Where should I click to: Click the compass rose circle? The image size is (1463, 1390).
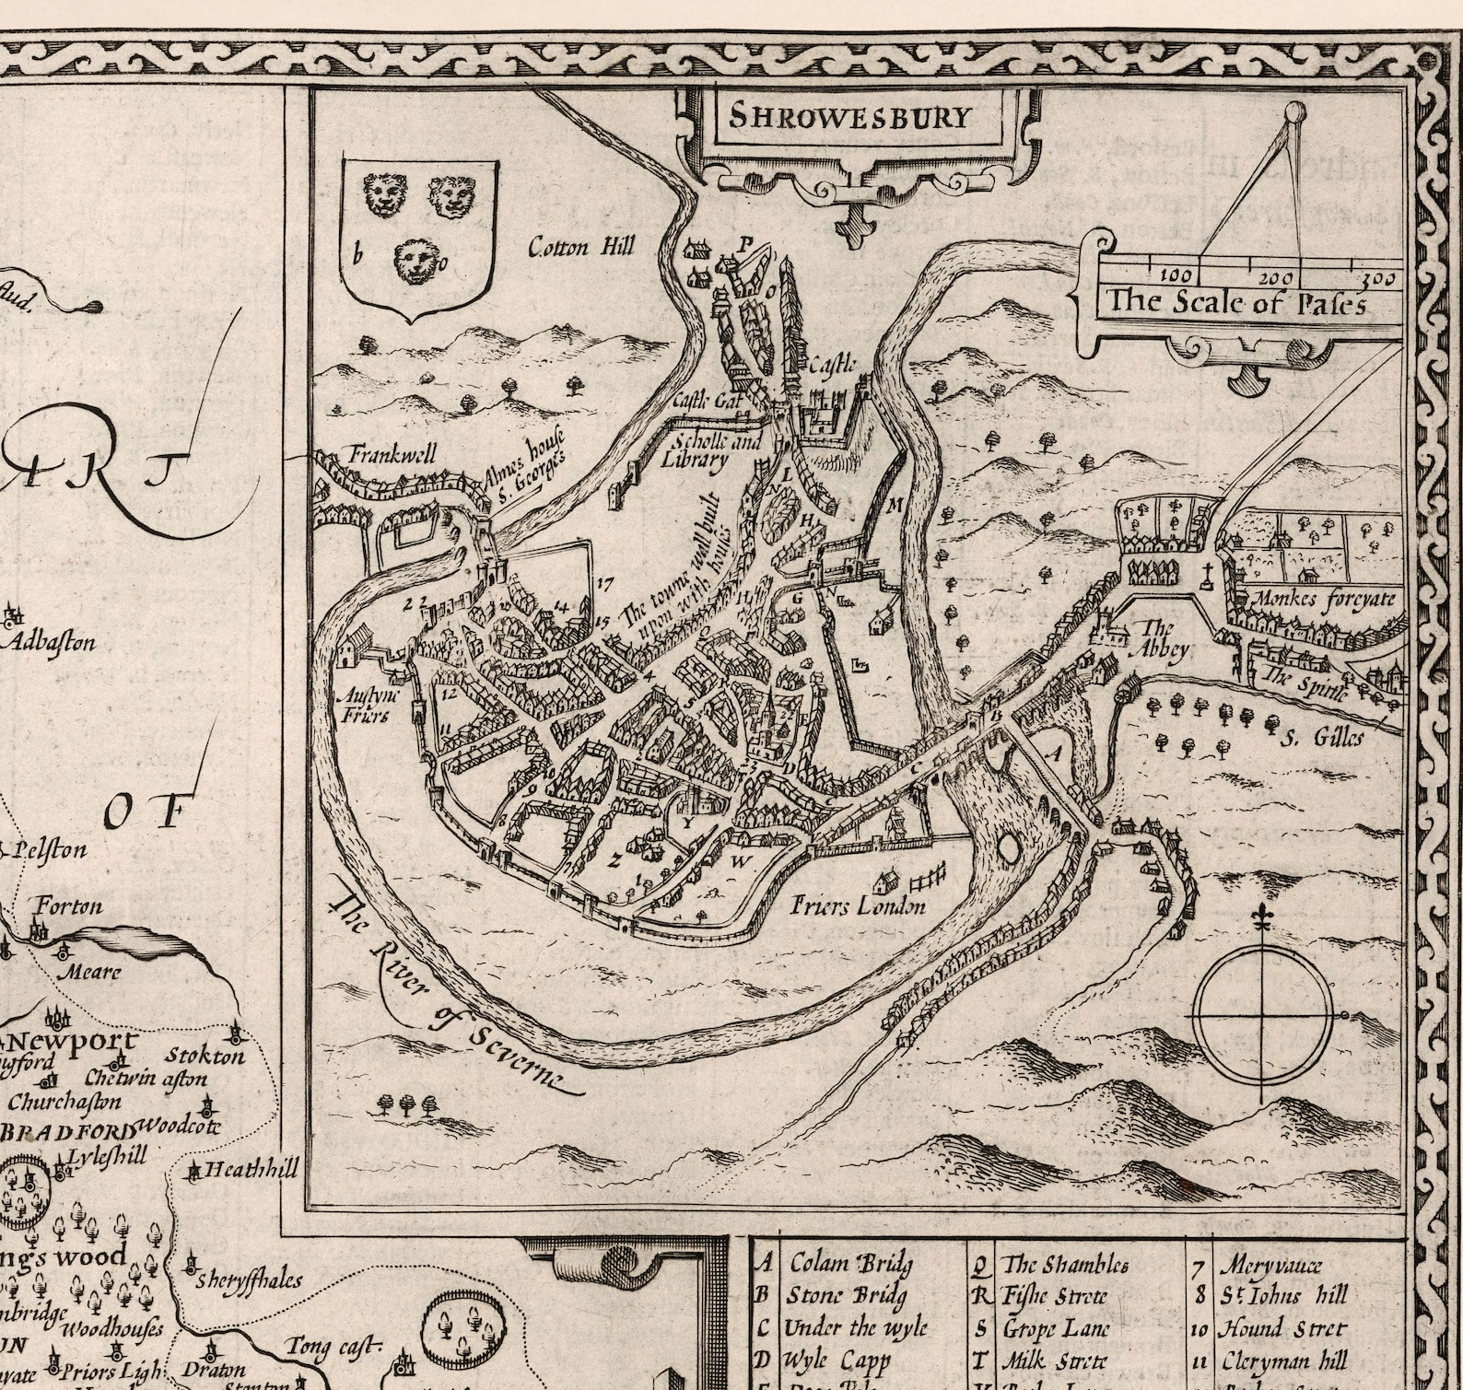point(1263,1013)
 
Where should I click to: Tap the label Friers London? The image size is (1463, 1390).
point(858,906)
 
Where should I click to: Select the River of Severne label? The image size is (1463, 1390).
point(447,994)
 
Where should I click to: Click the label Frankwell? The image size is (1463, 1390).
point(392,454)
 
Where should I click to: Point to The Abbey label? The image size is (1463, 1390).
point(1163,638)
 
